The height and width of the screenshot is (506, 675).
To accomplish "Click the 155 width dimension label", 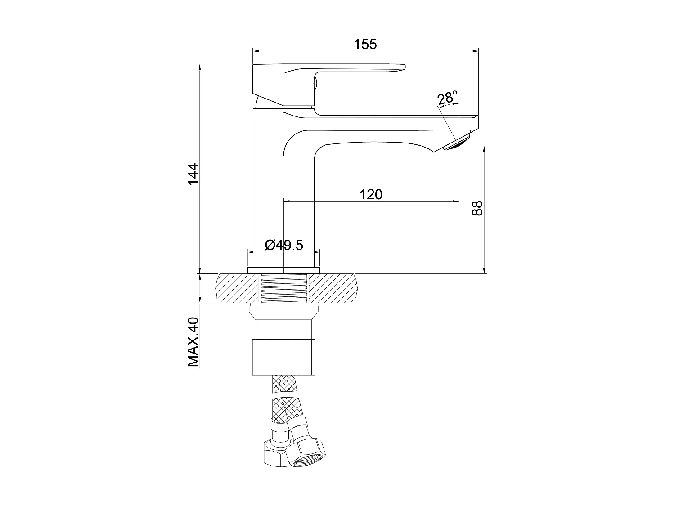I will (x=365, y=44).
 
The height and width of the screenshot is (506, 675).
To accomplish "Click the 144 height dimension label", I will (x=193, y=174).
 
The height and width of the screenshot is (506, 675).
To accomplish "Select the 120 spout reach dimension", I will (x=371, y=194).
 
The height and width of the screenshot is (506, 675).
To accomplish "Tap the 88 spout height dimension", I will (x=477, y=208).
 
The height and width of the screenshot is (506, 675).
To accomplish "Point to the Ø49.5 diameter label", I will (x=284, y=245).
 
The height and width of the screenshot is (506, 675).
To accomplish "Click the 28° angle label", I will (x=447, y=98).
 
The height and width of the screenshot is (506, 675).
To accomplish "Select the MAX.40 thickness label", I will (x=193, y=342).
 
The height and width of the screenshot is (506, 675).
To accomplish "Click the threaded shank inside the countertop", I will (x=284, y=288).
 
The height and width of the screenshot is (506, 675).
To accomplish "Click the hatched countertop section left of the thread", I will (x=238, y=288).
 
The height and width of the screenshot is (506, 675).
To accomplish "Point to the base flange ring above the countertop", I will (x=283, y=270).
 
